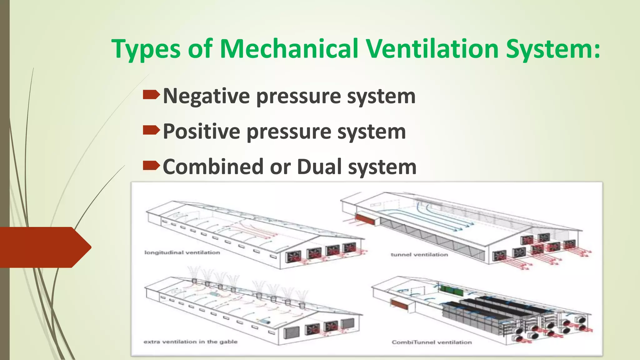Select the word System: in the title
pyautogui.click(x=553, y=49)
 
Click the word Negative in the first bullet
pyautogui.click(x=206, y=96)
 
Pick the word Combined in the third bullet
pyautogui.click(x=213, y=167)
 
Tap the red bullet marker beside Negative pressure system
pyautogui.click(x=151, y=95)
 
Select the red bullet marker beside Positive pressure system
pyautogui.click(x=151, y=130)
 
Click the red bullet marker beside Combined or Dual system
pyautogui.click(x=151, y=165)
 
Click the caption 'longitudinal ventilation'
pyautogui.click(x=182, y=252)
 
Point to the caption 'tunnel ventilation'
pyautogui.click(x=419, y=255)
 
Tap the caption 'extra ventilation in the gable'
pyautogui.click(x=190, y=342)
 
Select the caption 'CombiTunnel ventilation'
pyautogui.click(x=432, y=342)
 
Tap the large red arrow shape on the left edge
pyautogui.click(x=44, y=247)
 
